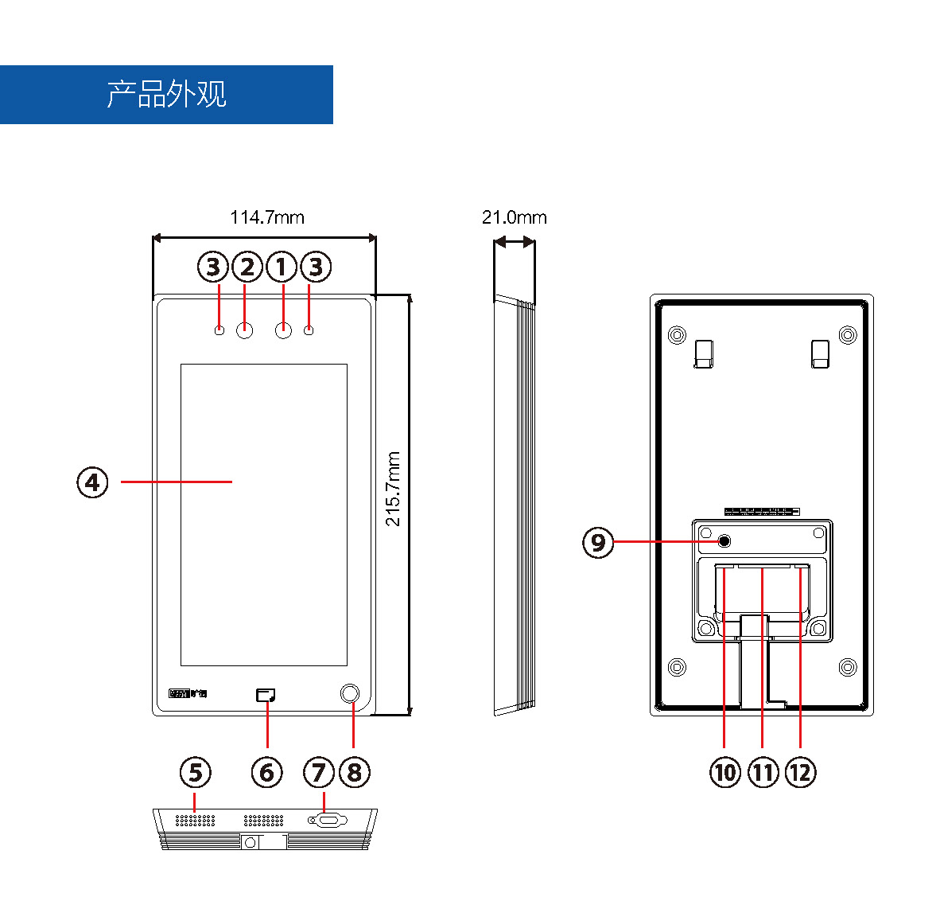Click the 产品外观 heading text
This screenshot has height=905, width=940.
[x=167, y=94]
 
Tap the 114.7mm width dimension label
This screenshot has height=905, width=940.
[x=267, y=217]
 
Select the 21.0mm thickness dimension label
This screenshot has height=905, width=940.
[x=515, y=217]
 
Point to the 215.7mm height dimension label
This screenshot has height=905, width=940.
[x=394, y=489]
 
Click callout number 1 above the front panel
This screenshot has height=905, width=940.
[x=282, y=267]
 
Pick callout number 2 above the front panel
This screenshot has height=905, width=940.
[x=247, y=267]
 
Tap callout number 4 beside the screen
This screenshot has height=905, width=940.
[x=93, y=482]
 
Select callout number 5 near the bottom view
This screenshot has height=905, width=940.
[x=196, y=772]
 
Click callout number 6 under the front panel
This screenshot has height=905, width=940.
[x=267, y=772]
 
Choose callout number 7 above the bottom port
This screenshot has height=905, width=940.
[x=320, y=772]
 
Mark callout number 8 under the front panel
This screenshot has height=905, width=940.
[x=355, y=772]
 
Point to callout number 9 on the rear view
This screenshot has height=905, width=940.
[x=599, y=543]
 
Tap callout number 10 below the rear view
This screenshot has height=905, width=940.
[x=725, y=772]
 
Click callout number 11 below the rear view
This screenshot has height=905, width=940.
[x=763, y=772]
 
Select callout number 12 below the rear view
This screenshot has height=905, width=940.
[x=801, y=772]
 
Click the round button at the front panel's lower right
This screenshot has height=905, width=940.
[x=350, y=693]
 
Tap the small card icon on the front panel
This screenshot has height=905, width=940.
[x=266, y=695]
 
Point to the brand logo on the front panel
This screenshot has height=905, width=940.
[x=188, y=694]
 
